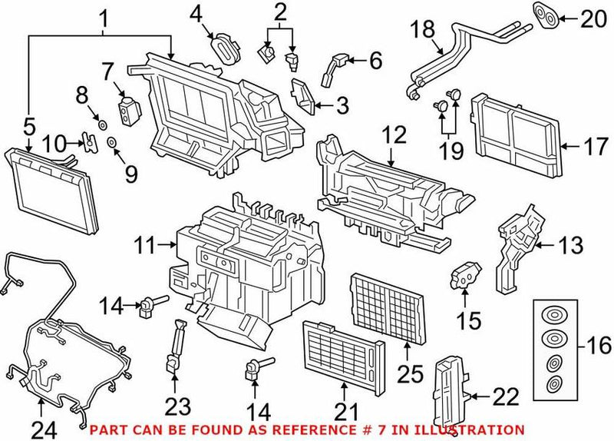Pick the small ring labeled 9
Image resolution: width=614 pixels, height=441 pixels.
click(113, 143)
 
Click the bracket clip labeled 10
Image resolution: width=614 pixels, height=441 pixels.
click(90, 141)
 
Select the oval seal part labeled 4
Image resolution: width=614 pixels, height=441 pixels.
click(225, 46)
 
